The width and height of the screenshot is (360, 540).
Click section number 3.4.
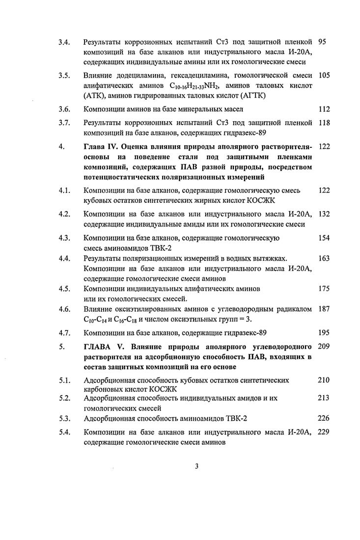[63, 43]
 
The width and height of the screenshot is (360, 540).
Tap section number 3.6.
[63, 109]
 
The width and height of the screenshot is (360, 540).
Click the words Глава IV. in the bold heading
[100, 147]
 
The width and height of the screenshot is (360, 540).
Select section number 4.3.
[63, 238]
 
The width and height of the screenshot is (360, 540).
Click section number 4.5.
[63, 289]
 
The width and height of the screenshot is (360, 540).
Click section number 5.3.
[63, 418]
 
